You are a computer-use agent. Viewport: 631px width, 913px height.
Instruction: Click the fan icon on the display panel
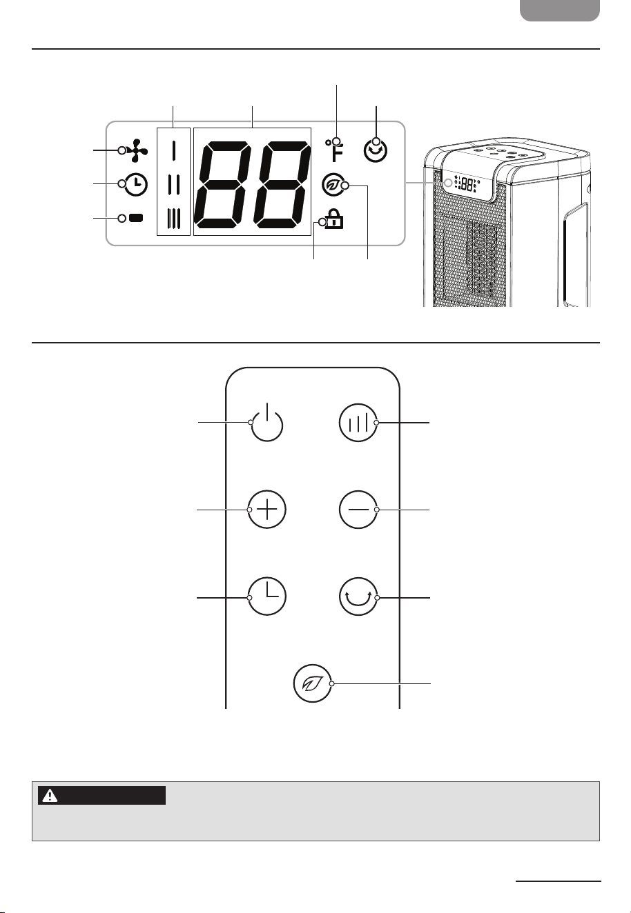137,150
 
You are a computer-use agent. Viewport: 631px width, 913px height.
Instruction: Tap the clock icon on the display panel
136,184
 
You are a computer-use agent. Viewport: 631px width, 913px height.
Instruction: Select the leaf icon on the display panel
332,185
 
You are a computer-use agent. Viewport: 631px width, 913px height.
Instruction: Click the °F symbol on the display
334,150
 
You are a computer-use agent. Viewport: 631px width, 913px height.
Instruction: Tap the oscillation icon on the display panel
376,150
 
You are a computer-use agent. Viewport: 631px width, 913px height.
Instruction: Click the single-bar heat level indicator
173,150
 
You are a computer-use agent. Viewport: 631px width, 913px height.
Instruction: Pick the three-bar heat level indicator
173,219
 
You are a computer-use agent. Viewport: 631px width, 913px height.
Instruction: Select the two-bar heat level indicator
173,185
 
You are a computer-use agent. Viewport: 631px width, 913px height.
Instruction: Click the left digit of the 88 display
223,185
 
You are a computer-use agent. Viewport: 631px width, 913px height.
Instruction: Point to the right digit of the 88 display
281,185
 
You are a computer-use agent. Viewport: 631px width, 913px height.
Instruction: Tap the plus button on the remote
267,510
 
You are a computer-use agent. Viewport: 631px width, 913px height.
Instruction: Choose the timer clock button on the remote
267,596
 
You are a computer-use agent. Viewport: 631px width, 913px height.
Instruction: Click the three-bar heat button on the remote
358,423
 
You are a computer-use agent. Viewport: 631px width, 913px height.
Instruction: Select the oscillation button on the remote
358,596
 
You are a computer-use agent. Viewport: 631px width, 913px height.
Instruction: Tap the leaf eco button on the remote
313,683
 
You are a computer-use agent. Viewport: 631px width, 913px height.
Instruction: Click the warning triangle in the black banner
50,795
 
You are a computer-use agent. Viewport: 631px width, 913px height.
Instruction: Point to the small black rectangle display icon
136,218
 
